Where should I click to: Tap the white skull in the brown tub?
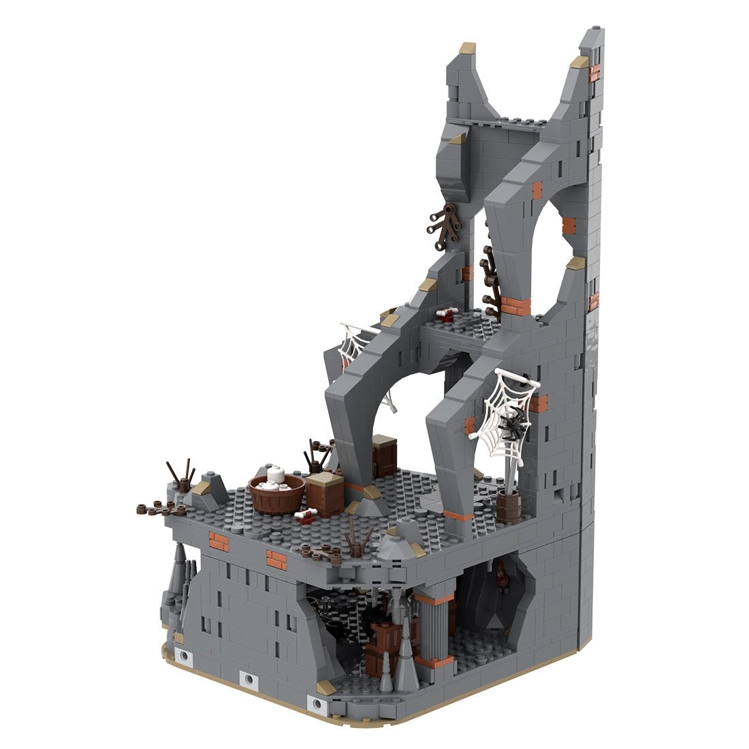pos(274,475)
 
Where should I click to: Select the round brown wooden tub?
pos(276,496)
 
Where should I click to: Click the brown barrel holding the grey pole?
pos(508,506)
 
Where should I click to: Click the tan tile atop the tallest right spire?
pos(579,62)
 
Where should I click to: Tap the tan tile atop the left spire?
pos(468,48)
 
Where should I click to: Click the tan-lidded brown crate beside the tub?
pos(325,493)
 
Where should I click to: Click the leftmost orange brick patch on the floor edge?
pos(219,541)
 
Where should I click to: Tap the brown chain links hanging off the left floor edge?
pos(155,508)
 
